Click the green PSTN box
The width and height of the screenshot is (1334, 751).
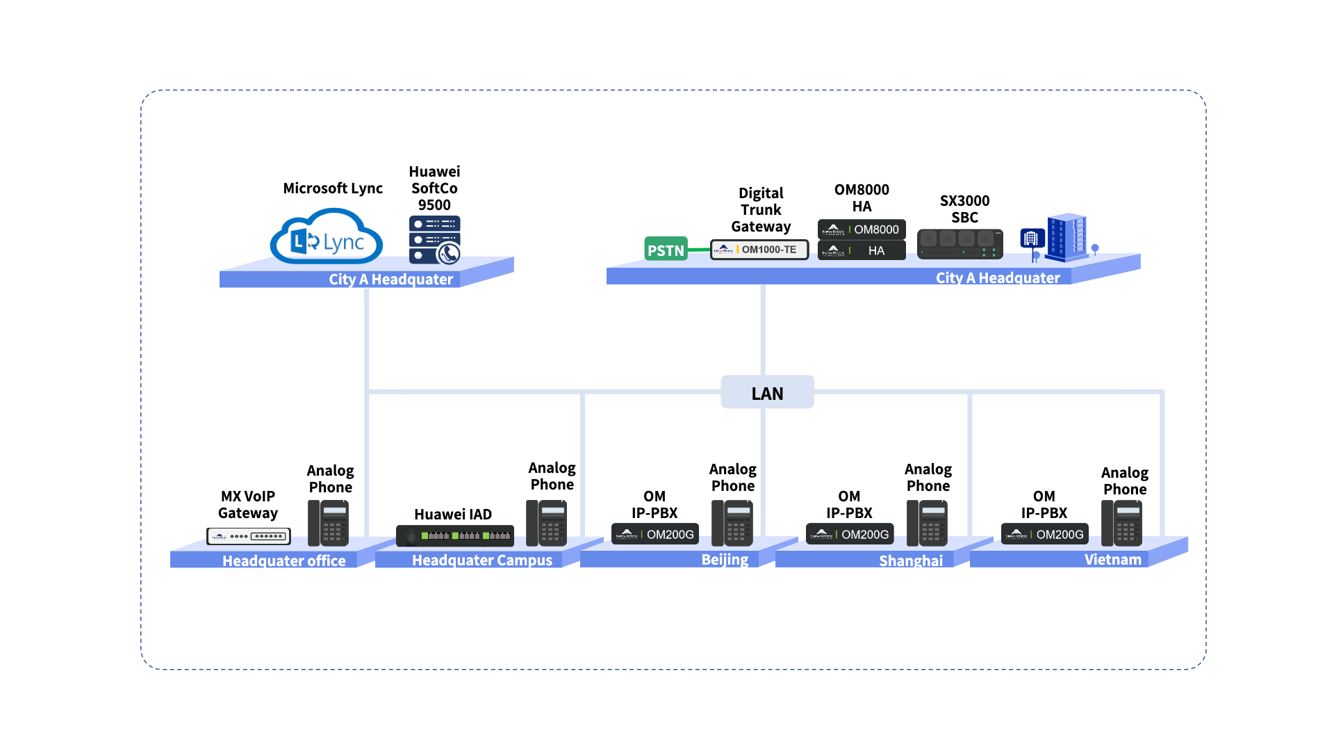(666, 249)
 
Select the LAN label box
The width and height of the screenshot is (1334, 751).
(767, 392)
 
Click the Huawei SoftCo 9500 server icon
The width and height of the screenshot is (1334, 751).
(435, 240)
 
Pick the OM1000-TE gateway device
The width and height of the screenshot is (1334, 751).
(759, 250)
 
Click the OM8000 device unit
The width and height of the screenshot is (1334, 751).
(862, 229)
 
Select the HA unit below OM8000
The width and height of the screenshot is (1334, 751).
(862, 250)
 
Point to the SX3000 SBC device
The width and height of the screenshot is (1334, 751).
(960, 244)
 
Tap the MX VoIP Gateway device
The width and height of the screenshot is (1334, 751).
(249, 536)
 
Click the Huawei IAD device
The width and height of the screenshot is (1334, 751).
(455, 535)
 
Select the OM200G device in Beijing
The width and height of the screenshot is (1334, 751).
(655, 534)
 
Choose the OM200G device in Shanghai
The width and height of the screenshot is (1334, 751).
(850, 534)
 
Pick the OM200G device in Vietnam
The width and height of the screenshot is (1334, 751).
(1045, 534)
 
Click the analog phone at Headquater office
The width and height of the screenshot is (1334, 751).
(328, 523)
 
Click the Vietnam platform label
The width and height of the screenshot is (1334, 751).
(1112, 560)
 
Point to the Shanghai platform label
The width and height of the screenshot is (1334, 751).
(911, 560)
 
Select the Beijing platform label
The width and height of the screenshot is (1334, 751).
(725, 560)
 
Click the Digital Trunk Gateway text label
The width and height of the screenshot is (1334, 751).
(761, 209)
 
